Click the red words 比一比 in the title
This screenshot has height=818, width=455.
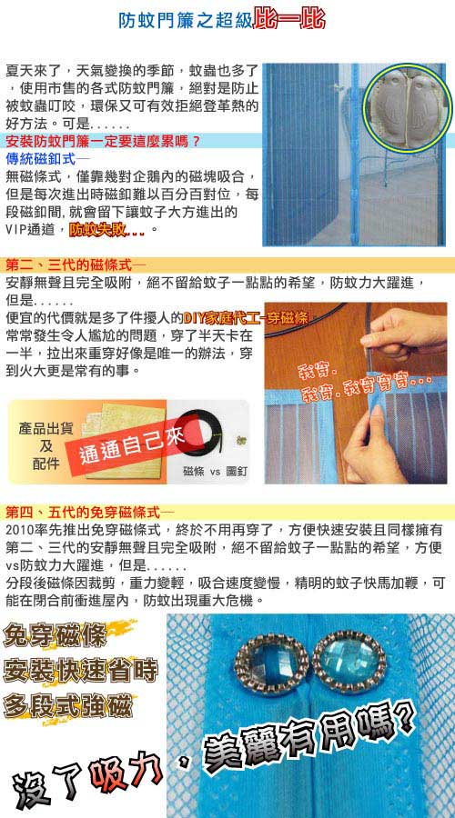pos(288,20)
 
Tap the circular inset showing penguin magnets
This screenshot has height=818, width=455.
pos(408,108)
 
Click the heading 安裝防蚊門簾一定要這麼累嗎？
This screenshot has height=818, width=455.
pos(103,142)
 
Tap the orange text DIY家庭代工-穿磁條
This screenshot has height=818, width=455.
pos(246,317)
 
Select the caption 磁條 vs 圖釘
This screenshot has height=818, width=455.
pos(215,472)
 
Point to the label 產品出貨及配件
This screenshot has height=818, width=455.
pos(45,446)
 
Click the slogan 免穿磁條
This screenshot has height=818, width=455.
pos(55,635)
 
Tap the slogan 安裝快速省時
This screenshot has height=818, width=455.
pos(80,671)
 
